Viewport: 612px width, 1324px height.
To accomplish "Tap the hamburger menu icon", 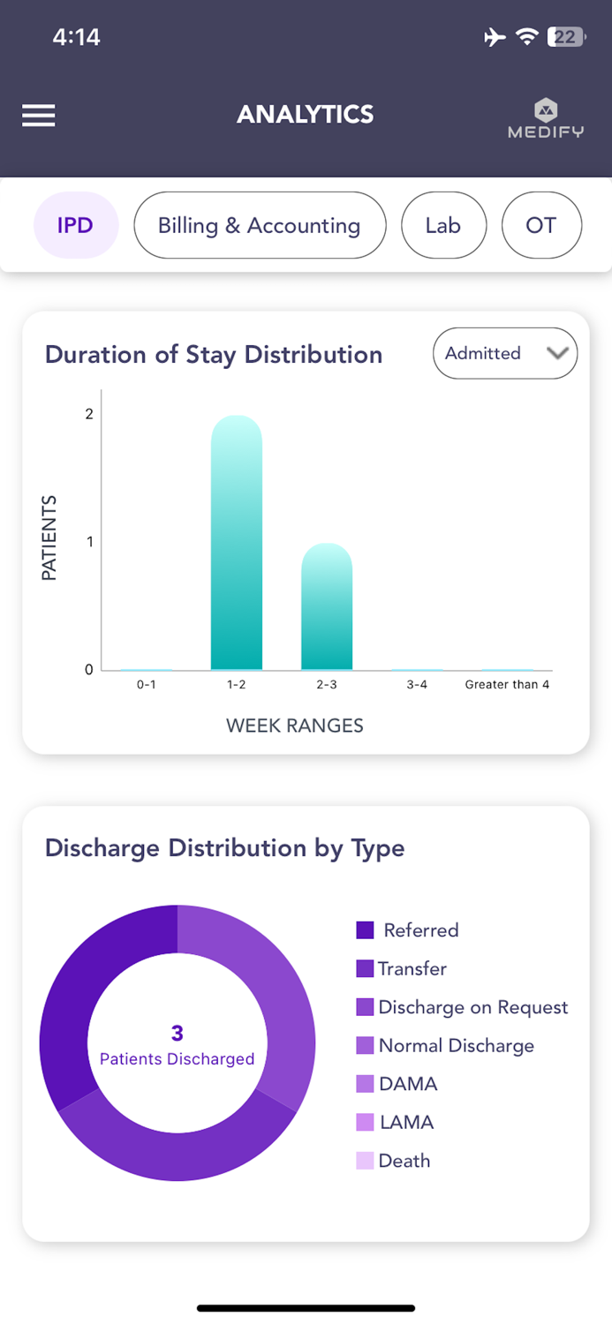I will coord(39,116).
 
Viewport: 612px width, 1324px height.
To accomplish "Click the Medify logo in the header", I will coord(546,118).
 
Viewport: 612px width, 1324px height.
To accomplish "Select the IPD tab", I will coord(75,225).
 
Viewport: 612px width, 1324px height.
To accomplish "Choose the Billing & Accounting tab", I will coord(259,225).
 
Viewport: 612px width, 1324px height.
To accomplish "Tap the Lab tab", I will coord(442,225).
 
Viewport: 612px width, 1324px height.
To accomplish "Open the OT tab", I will coord(540,225).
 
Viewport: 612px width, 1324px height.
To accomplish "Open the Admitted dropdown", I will coord(504,353).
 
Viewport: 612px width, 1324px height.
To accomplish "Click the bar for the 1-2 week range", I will coord(237,543).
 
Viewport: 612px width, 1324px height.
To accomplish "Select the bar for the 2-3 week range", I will coord(327,606).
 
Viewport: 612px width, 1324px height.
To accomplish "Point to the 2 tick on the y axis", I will coord(89,414).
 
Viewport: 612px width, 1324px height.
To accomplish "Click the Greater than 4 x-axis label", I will coord(507,685).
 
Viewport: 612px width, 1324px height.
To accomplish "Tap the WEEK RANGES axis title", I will coord(295,726).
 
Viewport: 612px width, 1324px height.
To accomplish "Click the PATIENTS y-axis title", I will coord(49,538).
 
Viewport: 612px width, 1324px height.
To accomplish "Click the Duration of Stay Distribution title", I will coord(214,355).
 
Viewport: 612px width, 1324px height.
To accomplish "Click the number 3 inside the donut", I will coord(178,1033).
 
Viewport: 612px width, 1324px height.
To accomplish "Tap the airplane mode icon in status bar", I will coord(495,37).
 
